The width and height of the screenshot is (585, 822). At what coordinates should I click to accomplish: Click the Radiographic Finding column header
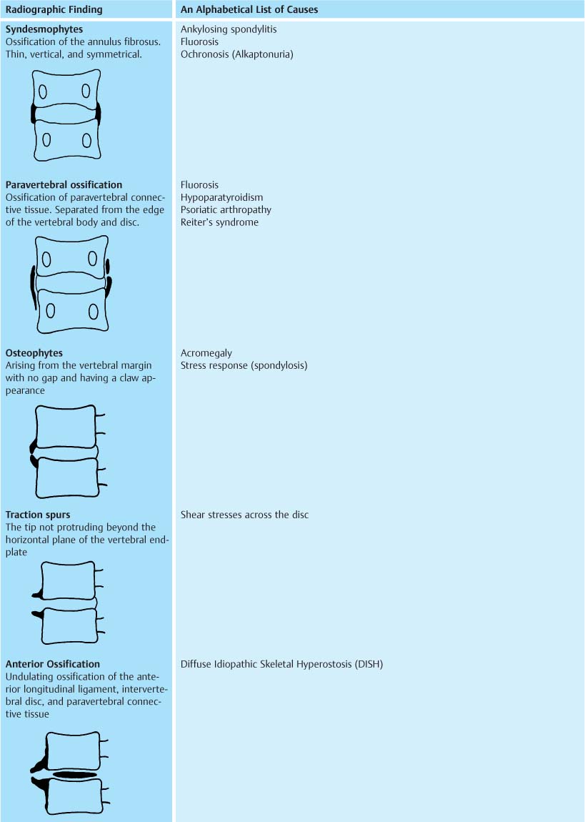click(x=54, y=10)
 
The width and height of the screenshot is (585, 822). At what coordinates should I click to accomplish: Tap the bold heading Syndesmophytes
click(x=44, y=29)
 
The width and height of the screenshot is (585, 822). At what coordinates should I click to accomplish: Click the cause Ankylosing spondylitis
click(x=229, y=29)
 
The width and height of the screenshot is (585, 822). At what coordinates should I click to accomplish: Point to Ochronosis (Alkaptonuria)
click(x=237, y=54)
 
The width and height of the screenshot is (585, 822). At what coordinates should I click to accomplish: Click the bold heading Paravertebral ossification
click(x=64, y=185)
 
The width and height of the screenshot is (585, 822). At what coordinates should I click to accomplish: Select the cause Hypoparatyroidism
click(x=221, y=198)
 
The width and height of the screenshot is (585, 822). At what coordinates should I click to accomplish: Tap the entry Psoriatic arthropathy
click(x=226, y=210)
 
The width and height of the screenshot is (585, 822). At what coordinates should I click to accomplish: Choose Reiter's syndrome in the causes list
click(x=219, y=222)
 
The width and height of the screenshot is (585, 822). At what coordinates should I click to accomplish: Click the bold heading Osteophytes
click(x=34, y=353)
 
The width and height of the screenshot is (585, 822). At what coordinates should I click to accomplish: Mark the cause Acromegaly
click(x=206, y=353)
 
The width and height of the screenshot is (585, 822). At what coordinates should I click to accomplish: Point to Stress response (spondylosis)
click(x=244, y=365)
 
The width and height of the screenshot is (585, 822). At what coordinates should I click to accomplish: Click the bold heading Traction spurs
click(x=38, y=515)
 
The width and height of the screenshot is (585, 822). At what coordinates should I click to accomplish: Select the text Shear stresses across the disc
click(x=244, y=515)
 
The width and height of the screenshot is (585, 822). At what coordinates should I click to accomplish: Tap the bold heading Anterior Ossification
click(x=53, y=664)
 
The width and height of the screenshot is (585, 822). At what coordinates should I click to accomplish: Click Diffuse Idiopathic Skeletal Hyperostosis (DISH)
click(x=282, y=664)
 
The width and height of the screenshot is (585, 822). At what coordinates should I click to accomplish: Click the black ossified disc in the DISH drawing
click(x=74, y=775)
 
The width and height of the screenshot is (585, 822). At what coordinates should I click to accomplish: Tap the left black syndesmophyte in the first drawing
click(x=34, y=113)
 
